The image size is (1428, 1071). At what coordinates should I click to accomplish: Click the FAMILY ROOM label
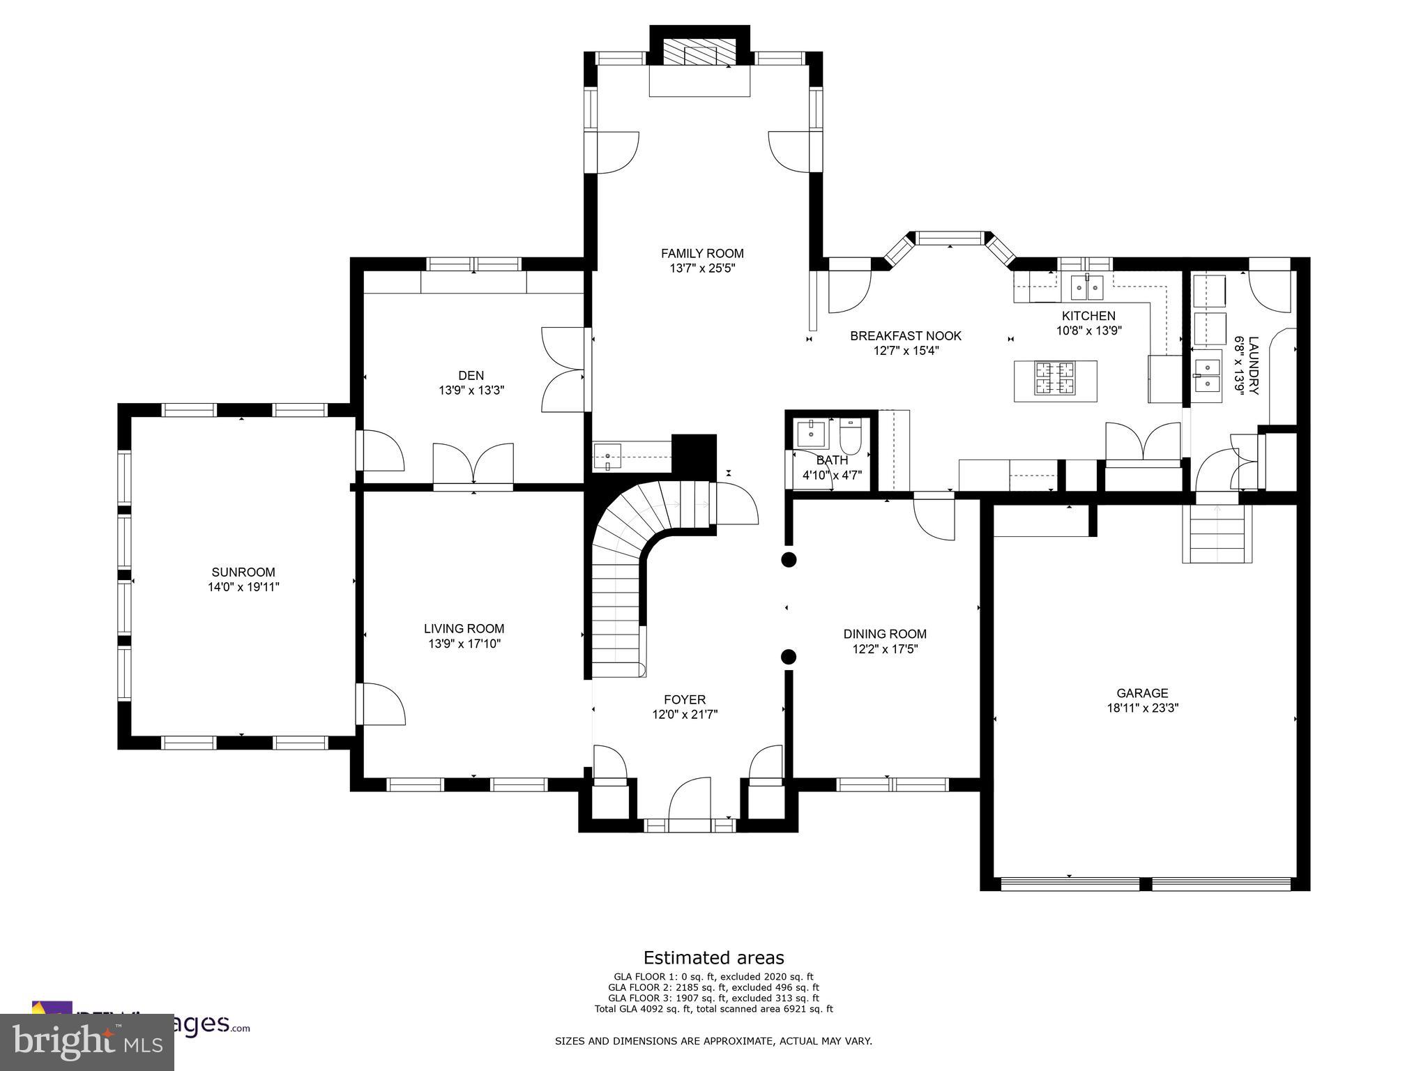coord(702,253)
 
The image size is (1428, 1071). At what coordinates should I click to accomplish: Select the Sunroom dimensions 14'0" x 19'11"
coord(243,587)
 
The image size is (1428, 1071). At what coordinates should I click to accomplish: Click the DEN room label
coord(471,375)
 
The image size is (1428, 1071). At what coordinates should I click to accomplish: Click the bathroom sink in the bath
coord(811,434)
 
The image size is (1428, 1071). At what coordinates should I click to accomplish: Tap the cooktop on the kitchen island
coord(1055,379)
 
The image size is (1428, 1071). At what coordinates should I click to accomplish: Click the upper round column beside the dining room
coord(789,559)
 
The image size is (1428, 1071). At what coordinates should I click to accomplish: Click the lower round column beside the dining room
coord(789,656)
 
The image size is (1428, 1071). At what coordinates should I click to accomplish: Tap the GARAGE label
coord(1142,693)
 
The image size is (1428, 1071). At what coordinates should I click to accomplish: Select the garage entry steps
coord(1217,535)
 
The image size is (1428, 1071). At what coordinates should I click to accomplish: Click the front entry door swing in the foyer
coord(690,801)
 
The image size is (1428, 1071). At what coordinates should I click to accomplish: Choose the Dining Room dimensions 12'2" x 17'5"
coord(885,649)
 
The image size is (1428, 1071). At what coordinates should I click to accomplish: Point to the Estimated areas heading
coord(713,957)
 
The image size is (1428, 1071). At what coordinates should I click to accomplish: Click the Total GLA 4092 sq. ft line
coord(713,1009)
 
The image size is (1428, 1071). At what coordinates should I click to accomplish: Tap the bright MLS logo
coord(87,1042)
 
